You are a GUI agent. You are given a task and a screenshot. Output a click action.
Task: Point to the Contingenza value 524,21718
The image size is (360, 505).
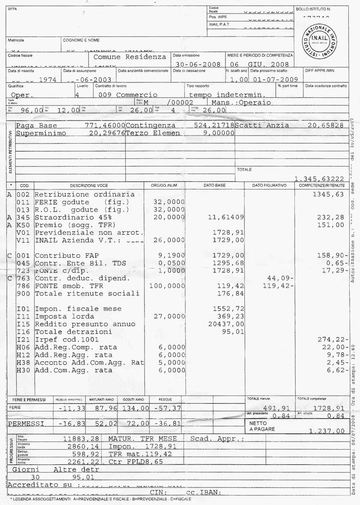pos(214,125)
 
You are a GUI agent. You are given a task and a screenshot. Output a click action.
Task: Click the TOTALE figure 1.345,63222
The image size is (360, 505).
pos(319,179)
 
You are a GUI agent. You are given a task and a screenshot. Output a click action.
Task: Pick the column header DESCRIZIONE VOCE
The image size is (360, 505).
pos(89,185)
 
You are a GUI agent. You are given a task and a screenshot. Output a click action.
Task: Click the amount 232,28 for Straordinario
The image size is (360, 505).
pos(331,217)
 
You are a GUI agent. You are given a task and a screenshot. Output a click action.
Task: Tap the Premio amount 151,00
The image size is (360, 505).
pos(331,225)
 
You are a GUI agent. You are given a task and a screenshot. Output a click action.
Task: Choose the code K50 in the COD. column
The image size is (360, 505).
pos(23,225)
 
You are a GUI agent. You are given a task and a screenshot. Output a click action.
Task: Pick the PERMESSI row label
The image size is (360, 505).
pos(26,424)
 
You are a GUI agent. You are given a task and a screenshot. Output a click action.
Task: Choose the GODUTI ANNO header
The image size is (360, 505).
pos(133,399)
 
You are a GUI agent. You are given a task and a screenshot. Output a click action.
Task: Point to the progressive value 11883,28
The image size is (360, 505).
pos(81,439)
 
